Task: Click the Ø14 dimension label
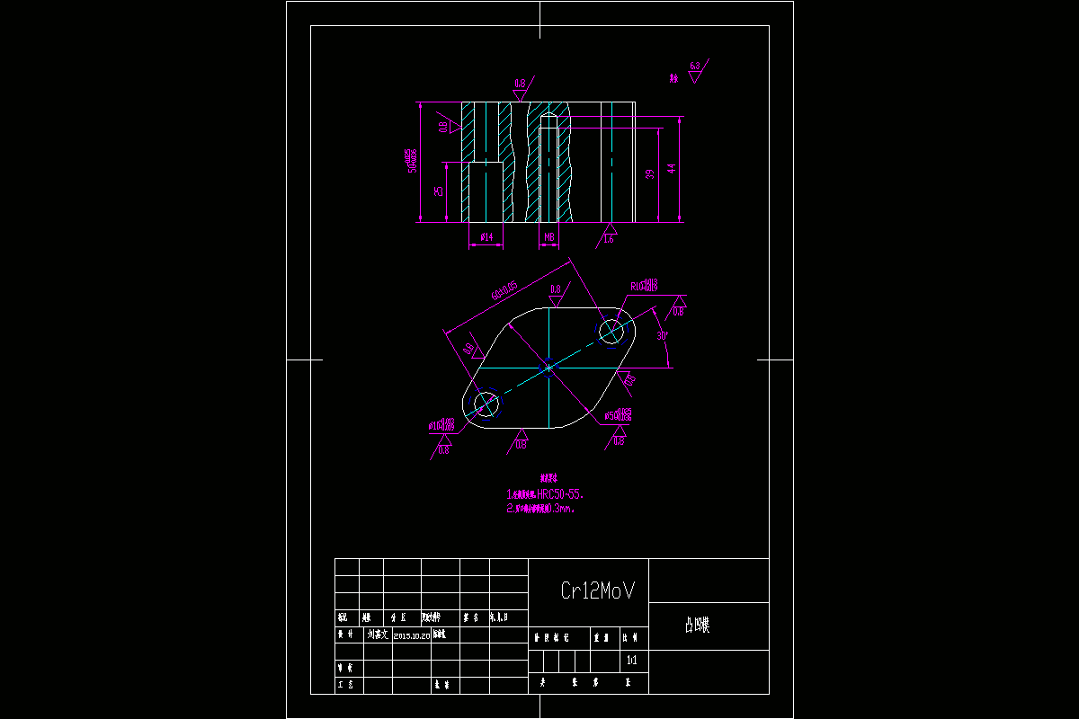pyautogui.click(x=486, y=236)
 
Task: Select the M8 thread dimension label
pyautogui.click(x=548, y=236)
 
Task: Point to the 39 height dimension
pyautogui.click(x=650, y=174)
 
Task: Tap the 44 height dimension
pyautogui.click(x=672, y=168)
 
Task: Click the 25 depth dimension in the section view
pyautogui.click(x=439, y=191)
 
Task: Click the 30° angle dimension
pyautogui.click(x=662, y=335)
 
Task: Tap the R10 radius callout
pyautogui.click(x=645, y=286)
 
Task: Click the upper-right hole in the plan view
pyautogui.click(x=611, y=331)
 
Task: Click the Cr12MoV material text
pyautogui.click(x=598, y=590)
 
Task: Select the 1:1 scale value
pyautogui.click(x=631, y=661)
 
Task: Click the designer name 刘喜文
pyautogui.click(x=377, y=635)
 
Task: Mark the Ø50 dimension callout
pyautogui.click(x=618, y=415)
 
